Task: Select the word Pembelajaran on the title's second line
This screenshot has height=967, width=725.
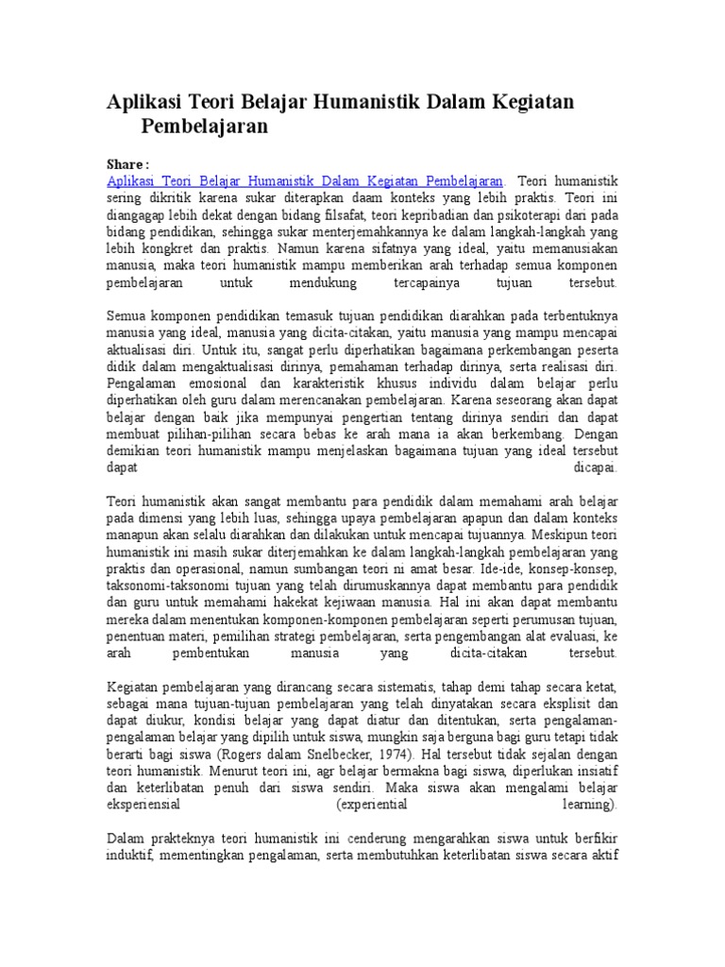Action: tap(205, 126)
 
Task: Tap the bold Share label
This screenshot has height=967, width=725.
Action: tap(127, 162)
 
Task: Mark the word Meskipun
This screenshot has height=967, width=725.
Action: tap(561, 535)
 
